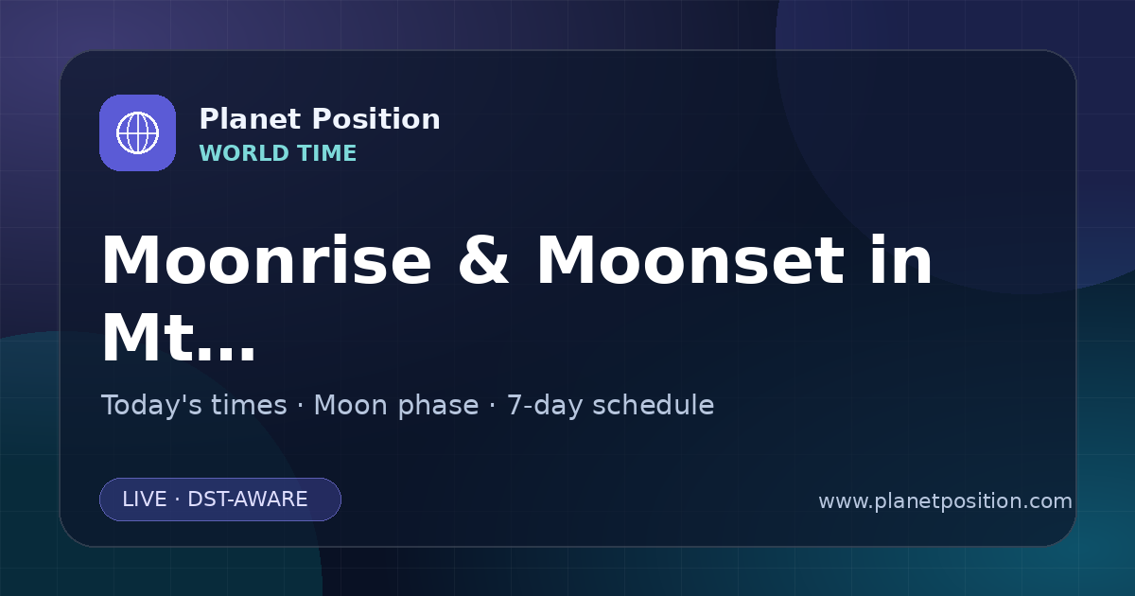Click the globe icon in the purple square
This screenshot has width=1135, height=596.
(137, 132)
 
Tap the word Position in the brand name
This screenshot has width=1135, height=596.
(376, 119)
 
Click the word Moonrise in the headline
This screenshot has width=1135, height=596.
(267, 260)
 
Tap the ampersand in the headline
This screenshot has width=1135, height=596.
(483, 260)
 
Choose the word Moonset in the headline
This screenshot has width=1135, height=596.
(690, 260)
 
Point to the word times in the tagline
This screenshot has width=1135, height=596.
(249, 406)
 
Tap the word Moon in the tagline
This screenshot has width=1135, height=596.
(352, 406)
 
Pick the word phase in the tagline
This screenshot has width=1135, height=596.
(438, 407)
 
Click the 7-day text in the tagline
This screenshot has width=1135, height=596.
(545, 407)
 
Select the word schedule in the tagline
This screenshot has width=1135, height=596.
(654, 406)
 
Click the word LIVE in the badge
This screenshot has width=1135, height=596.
(145, 500)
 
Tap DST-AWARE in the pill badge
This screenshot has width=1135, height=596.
(248, 500)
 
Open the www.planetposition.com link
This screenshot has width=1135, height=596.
(946, 501)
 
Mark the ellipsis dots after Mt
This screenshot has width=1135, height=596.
(226, 355)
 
